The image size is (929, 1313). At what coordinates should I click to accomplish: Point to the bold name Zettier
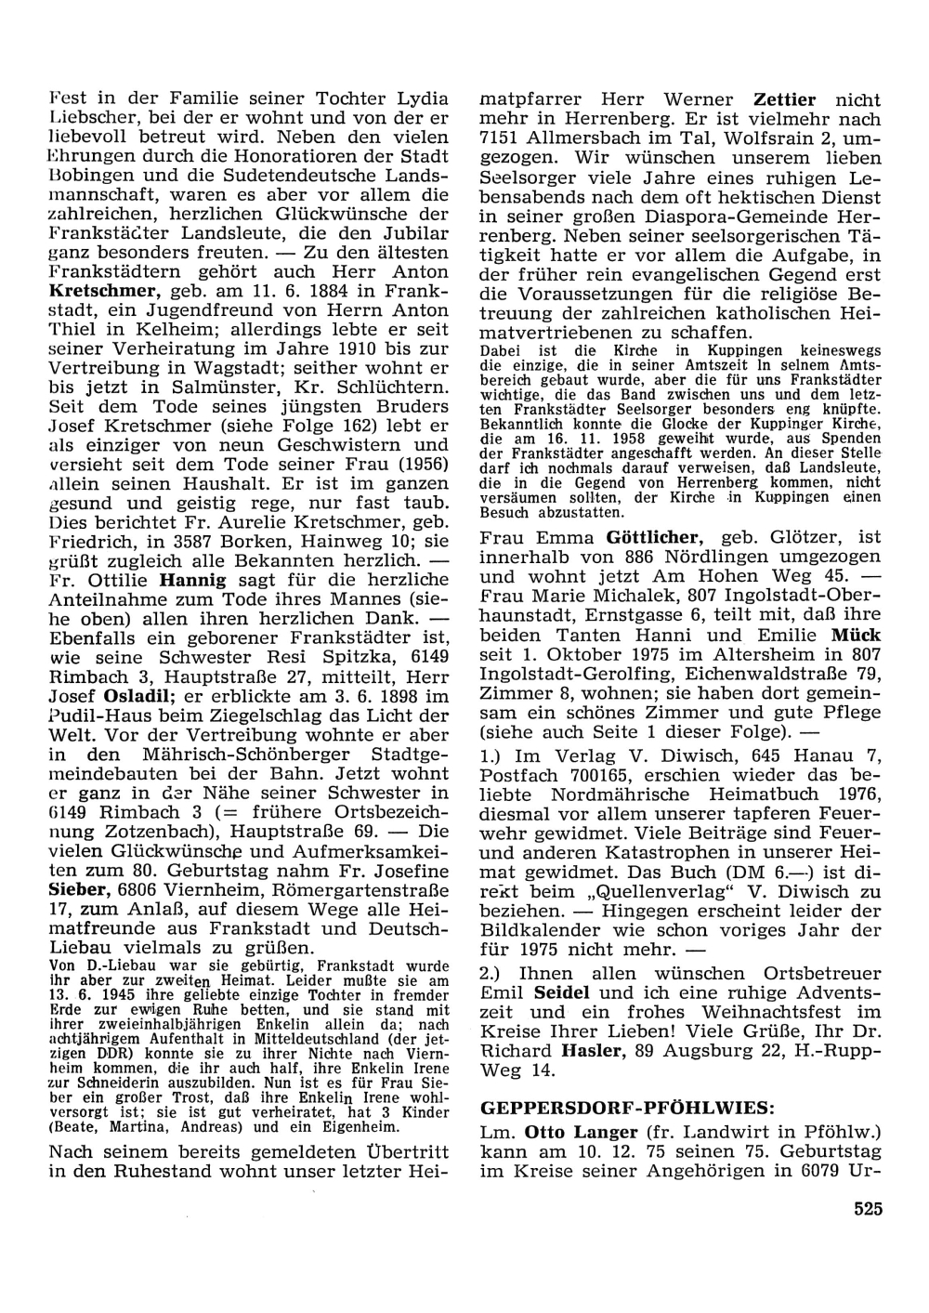pyautogui.click(x=784, y=99)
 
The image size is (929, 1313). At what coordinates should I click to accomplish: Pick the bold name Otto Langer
pyautogui.click(x=581, y=1133)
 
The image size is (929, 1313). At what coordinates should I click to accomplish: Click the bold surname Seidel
pyautogui.click(x=562, y=991)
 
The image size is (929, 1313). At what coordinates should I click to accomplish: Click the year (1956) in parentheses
pyautogui.click(x=416, y=465)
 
